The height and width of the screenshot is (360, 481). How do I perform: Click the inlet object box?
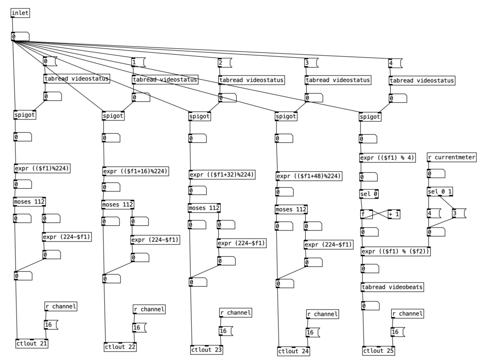[x=20, y=13]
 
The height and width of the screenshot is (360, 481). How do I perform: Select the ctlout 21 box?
[x=32, y=343]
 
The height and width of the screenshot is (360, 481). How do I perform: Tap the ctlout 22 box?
[x=120, y=347]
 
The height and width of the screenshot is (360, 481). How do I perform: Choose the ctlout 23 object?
[x=207, y=349]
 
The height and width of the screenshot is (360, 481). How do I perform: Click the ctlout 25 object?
[x=379, y=351]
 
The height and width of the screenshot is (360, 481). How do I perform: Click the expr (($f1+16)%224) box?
[x=135, y=171]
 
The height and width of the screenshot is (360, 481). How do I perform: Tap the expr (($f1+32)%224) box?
[x=222, y=175]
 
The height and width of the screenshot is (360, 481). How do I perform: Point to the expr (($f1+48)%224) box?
[x=309, y=176]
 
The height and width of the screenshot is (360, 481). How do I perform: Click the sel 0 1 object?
[x=440, y=191]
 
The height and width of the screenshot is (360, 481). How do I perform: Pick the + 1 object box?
[x=394, y=214]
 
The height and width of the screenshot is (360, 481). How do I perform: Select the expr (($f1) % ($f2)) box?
[x=396, y=251]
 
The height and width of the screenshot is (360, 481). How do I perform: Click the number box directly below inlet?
[x=20, y=37]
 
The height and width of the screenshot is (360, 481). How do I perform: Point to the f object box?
[x=366, y=214]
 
